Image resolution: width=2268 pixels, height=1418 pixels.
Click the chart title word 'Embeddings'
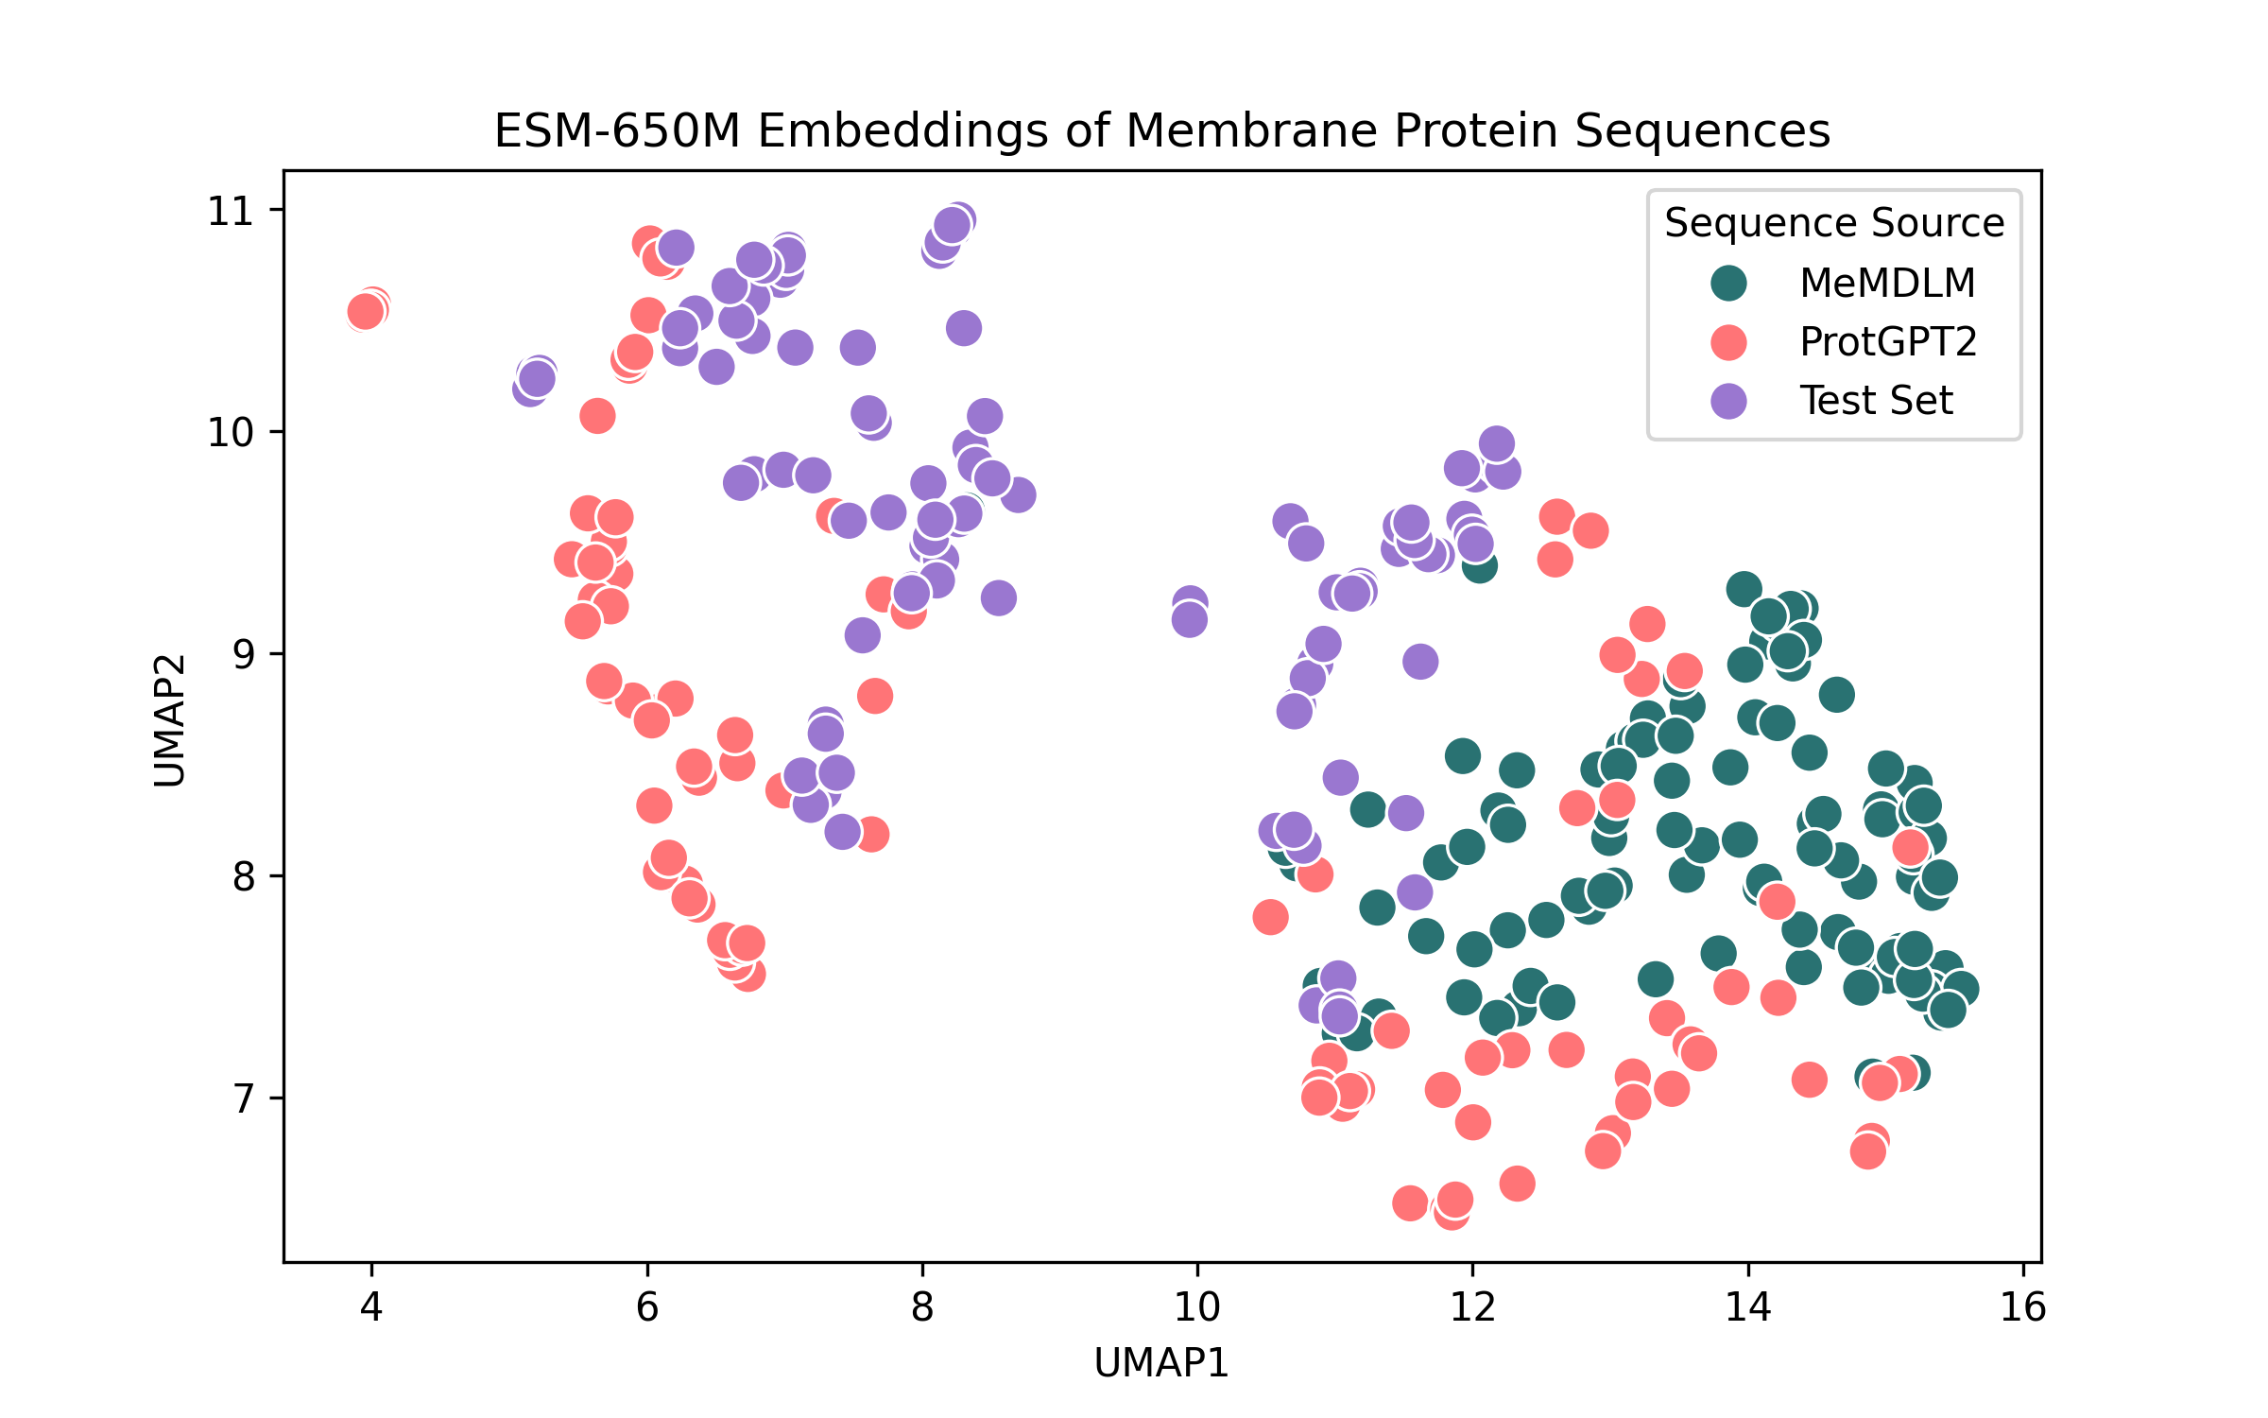[x=902, y=130]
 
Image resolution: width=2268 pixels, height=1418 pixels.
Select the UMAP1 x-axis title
[x=1161, y=1363]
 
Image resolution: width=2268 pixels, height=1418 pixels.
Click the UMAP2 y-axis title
[x=170, y=720]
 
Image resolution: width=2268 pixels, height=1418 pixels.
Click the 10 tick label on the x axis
[x=1197, y=1307]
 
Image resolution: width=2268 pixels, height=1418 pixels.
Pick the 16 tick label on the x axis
[x=2023, y=1307]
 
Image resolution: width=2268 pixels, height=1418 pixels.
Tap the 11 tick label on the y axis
[x=232, y=210]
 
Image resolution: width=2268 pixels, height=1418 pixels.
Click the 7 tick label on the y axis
[x=244, y=1098]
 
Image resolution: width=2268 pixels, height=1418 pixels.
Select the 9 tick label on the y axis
[x=244, y=654]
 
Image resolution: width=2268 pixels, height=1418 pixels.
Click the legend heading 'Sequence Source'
[x=1834, y=223]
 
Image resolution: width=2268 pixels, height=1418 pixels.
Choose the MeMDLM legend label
[x=1887, y=283]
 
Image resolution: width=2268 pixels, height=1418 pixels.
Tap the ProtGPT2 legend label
[x=1888, y=341]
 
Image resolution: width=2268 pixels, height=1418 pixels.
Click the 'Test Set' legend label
[x=1876, y=401]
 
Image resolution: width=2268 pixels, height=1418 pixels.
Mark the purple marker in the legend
[x=1728, y=401]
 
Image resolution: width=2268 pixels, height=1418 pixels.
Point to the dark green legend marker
[x=1728, y=283]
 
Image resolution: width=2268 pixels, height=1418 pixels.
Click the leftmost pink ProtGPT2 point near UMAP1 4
[x=365, y=311]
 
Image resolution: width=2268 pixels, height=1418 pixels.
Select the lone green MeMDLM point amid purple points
[x=1480, y=565]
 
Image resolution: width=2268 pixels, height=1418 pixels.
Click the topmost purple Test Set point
[x=958, y=221]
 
